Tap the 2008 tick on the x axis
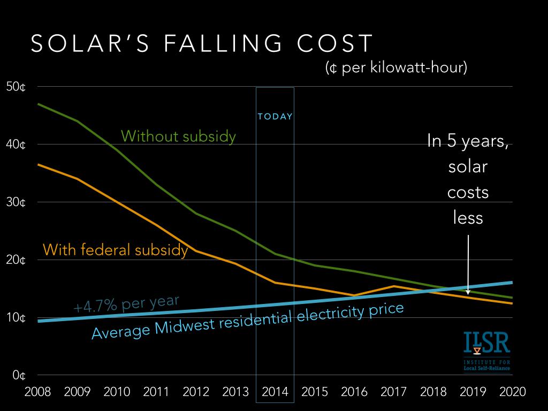(38, 392)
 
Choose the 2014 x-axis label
(275, 392)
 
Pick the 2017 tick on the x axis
(393, 392)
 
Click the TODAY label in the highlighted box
(275, 117)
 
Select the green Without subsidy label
(178, 136)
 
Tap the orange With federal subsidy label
(115, 250)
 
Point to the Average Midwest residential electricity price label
(247, 321)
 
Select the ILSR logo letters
(487, 345)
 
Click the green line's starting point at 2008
(38, 104)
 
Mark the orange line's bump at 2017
(393, 286)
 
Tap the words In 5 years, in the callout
(468, 141)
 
